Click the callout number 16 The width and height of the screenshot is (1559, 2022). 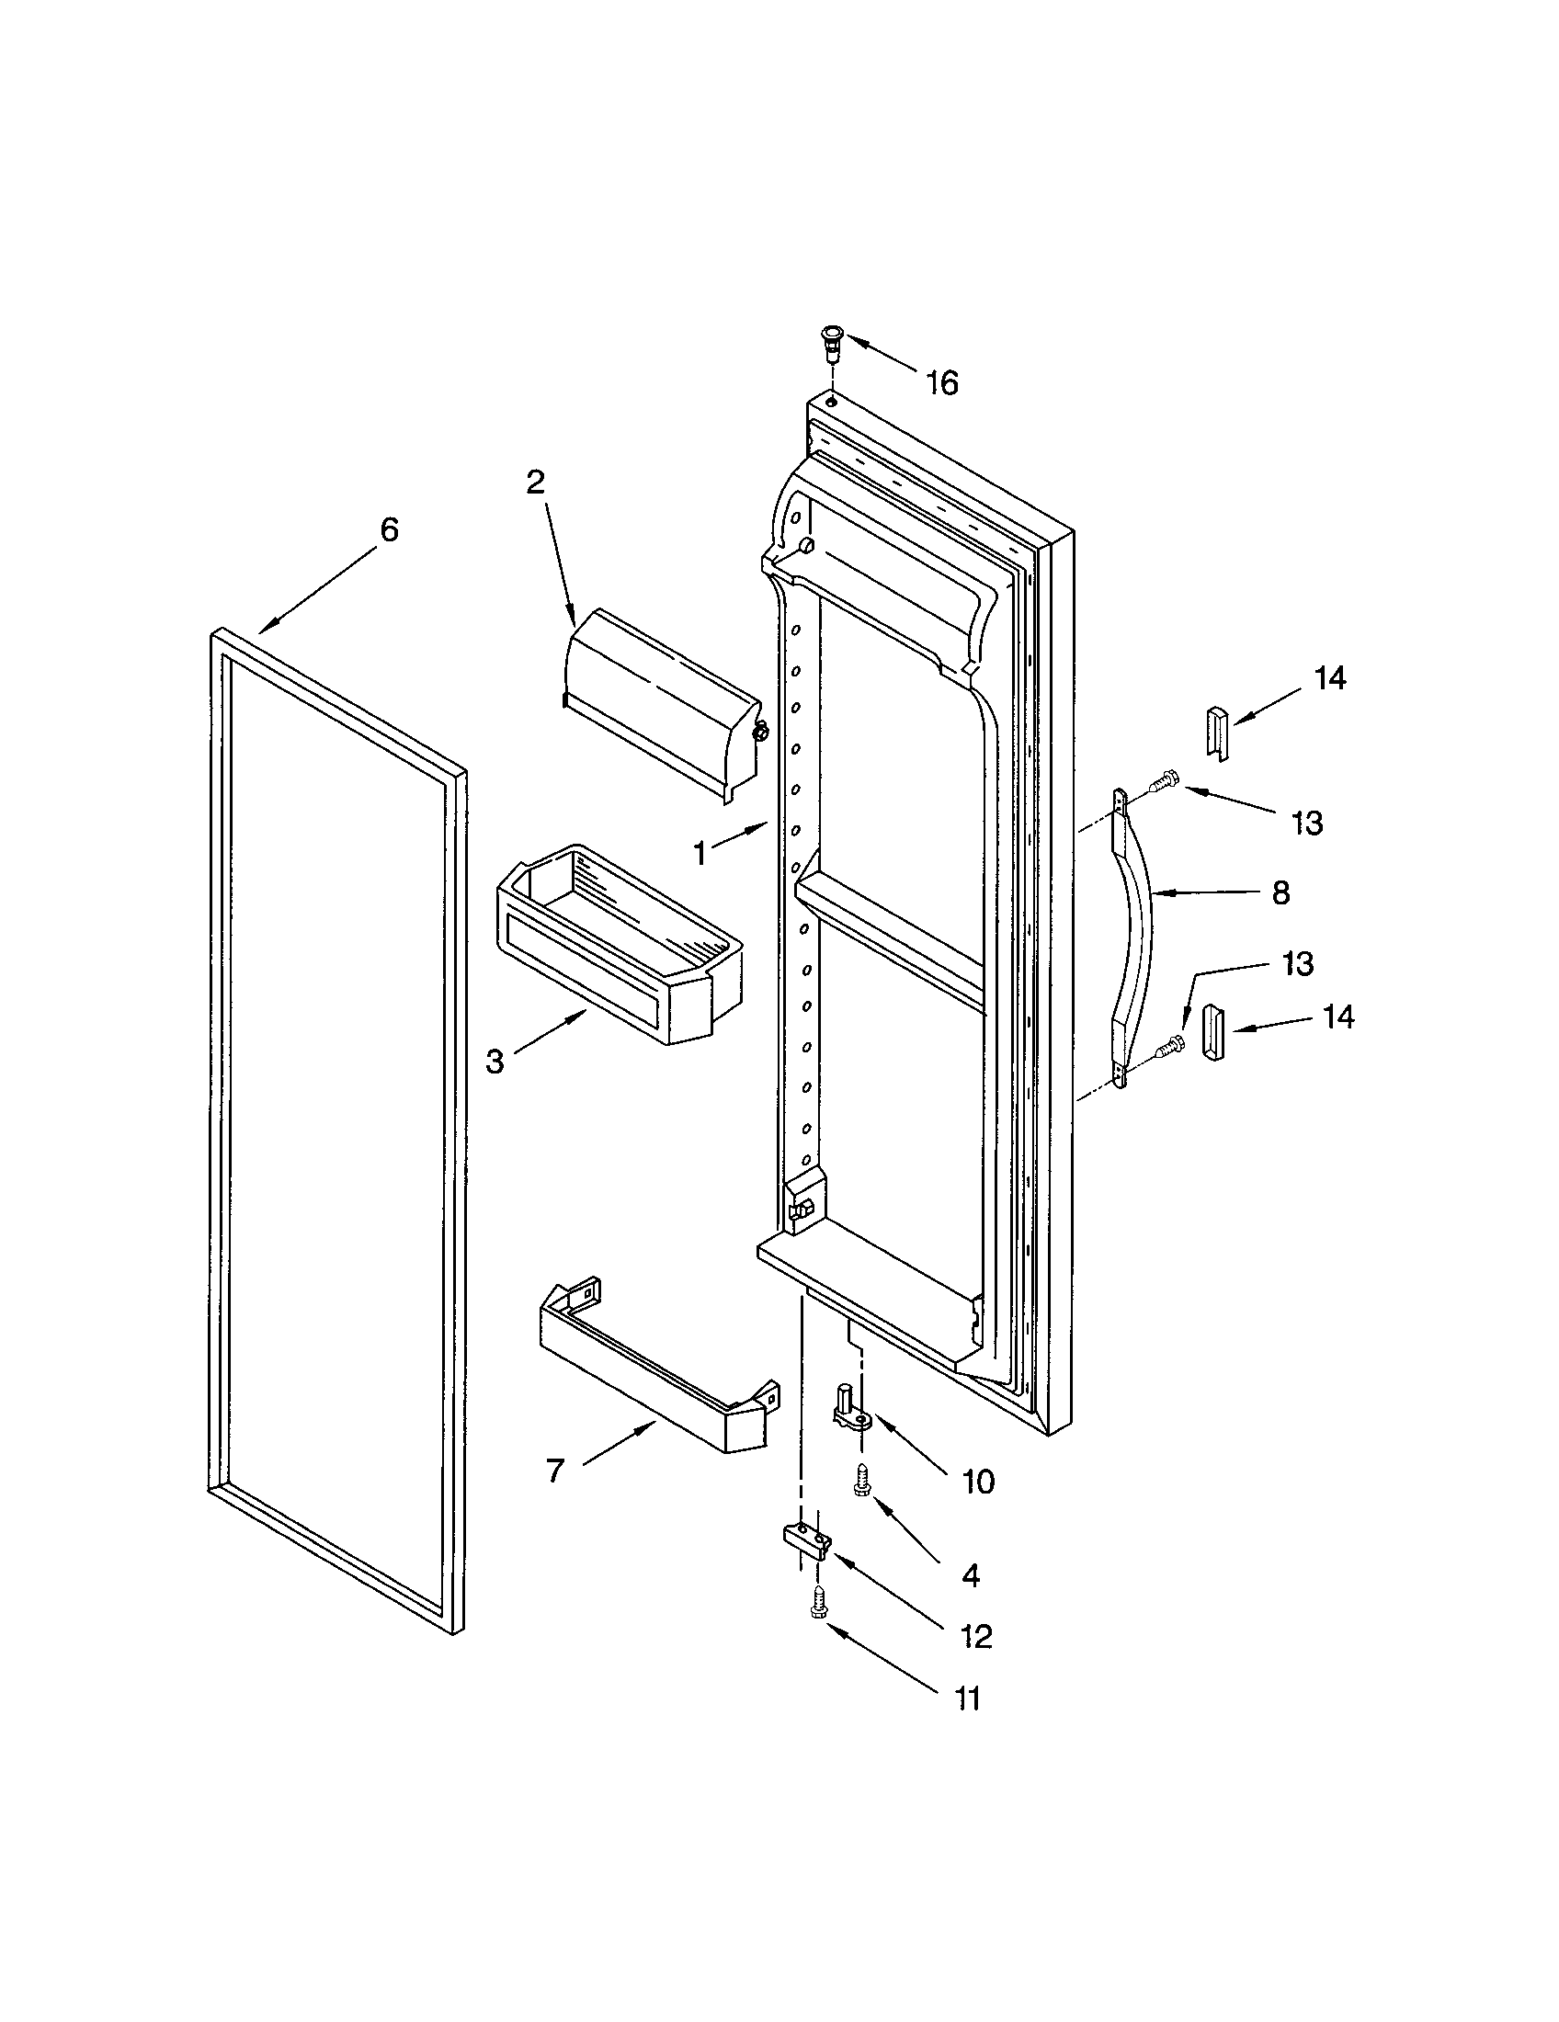(x=942, y=382)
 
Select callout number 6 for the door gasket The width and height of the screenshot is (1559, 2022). (x=389, y=529)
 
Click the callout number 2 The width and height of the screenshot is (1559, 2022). (x=535, y=482)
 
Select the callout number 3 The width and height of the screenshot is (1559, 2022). (x=495, y=1062)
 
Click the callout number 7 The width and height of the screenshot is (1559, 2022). (x=554, y=1471)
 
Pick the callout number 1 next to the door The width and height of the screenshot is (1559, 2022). (x=700, y=853)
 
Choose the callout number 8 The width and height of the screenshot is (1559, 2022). (x=1280, y=892)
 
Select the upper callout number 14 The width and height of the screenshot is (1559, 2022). (x=1329, y=678)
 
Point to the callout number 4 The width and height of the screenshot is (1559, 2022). (x=970, y=1574)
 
